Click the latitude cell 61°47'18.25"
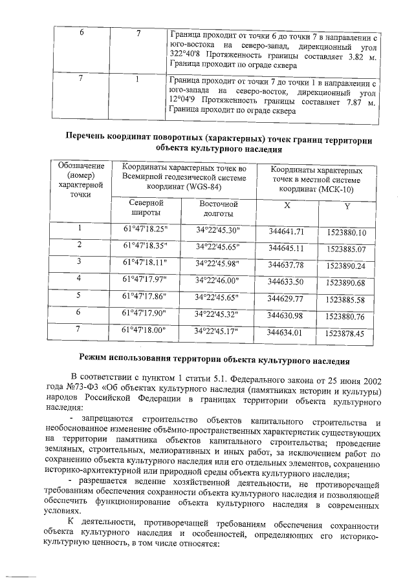145,229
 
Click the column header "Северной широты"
146,207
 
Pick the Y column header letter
347,207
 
